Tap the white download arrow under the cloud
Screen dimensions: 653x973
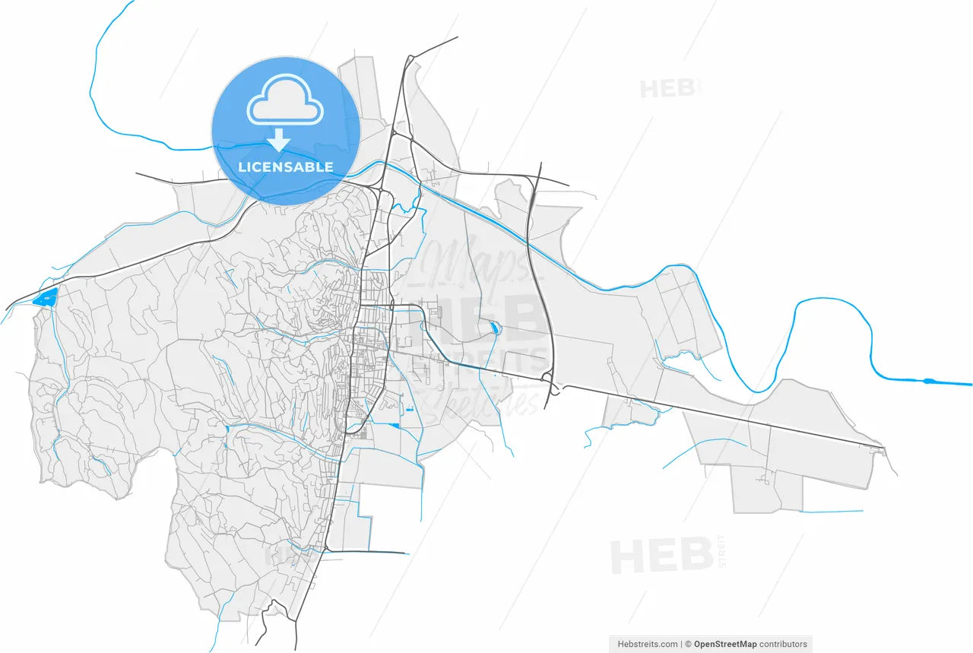(280, 140)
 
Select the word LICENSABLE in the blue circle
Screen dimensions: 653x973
(285, 167)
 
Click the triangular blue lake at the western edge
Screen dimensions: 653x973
(46, 297)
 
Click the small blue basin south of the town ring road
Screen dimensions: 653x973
(395, 425)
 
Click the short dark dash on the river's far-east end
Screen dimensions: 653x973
(929, 380)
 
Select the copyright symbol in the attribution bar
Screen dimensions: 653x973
(689, 644)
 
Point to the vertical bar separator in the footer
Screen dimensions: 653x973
(681, 644)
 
